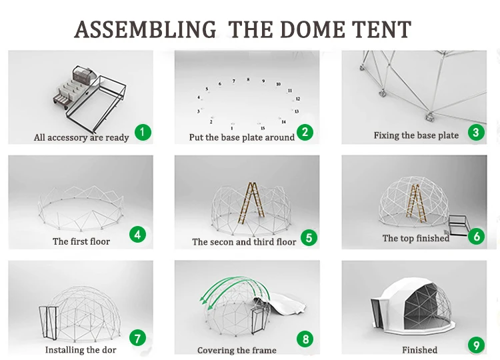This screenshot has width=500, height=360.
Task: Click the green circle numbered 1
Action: click(143, 132)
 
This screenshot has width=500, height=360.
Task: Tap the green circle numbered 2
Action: click(305, 132)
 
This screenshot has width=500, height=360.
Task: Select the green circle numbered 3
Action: click(475, 132)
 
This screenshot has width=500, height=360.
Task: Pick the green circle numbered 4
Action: click(138, 235)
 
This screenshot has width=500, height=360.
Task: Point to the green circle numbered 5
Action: click(308, 237)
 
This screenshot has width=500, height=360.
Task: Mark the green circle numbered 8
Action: click(305, 339)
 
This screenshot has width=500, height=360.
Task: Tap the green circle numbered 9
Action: click(475, 345)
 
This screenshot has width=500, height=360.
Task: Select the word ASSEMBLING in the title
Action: click(145, 29)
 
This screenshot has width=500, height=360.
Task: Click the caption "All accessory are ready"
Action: click(81, 137)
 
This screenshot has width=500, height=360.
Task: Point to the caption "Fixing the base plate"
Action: click(416, 135)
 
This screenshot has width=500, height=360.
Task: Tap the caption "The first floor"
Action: click(81, 241)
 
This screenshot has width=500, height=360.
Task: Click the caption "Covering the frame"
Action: click(237, 350)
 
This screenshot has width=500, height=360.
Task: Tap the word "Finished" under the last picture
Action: click(419, 349)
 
